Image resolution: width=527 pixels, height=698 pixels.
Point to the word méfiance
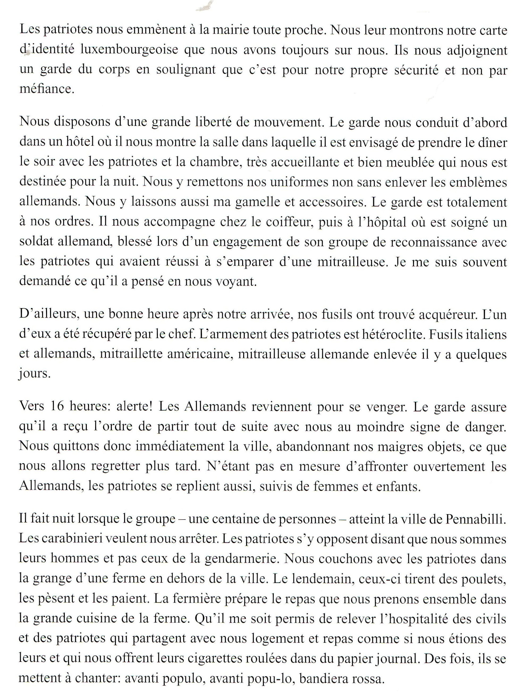[x=47, y=89]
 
